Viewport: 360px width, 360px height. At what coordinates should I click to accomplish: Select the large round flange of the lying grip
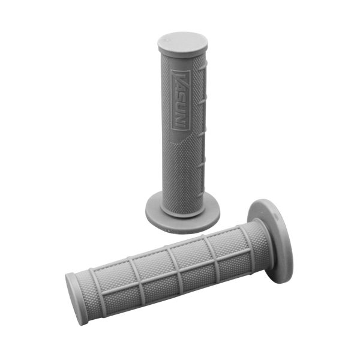click(270, 240)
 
